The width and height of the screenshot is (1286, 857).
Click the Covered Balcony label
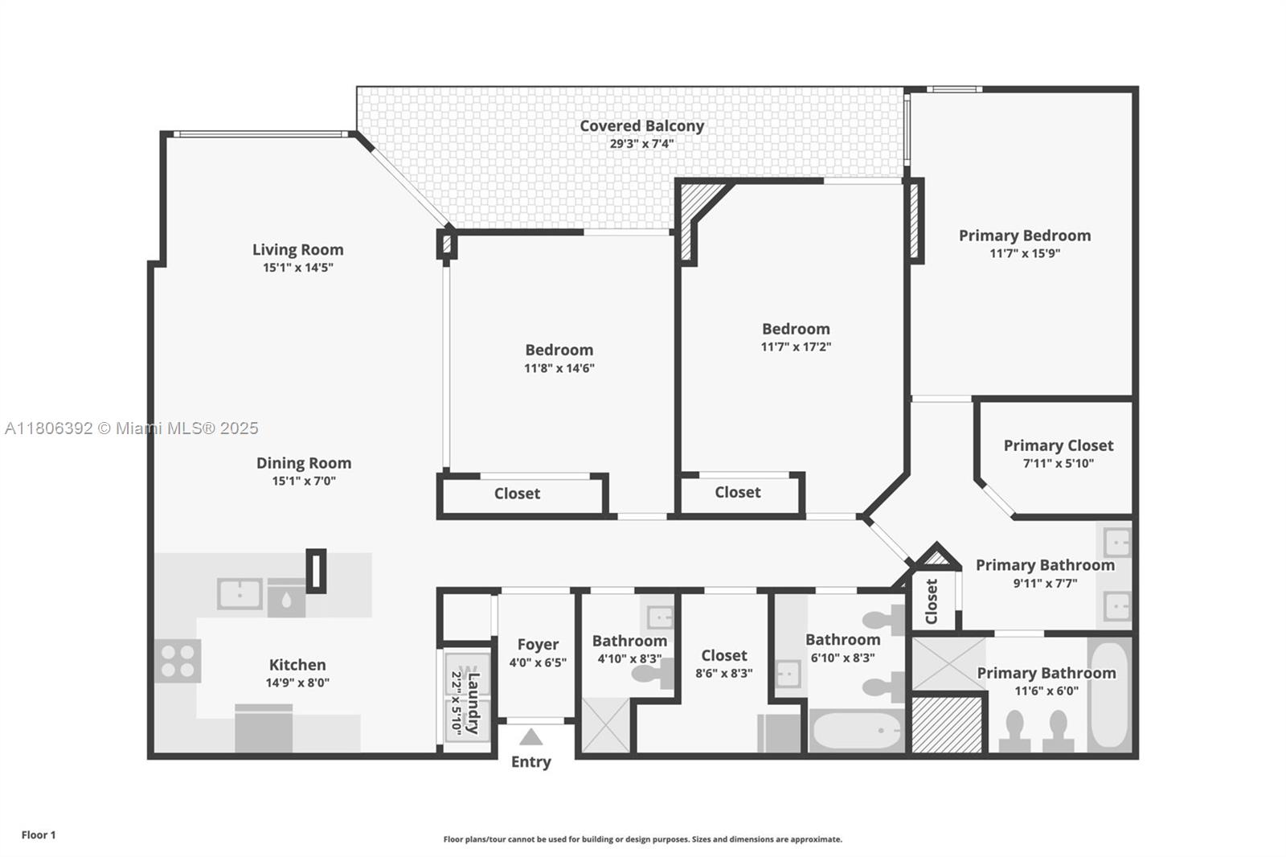point(642,125)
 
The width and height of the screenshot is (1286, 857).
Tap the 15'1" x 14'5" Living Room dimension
point(298,268)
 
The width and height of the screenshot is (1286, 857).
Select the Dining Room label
point(304,463)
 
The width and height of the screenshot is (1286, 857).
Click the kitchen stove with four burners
point(178,661)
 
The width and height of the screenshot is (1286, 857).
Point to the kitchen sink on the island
point(240,594)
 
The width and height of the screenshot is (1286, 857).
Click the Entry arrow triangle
point(531,737)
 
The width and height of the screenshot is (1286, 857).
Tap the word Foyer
point(538,645)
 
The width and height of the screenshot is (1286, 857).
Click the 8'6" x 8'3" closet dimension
point(724,673)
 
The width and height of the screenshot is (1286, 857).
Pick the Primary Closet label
point(1059,445)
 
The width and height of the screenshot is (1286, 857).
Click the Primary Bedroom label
point(1025,236)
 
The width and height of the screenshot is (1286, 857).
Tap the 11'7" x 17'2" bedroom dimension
point(796,347)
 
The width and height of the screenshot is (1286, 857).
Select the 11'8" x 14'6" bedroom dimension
point(559,368)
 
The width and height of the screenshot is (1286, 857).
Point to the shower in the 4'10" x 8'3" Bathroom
point(606,725)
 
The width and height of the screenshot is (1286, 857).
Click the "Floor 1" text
point(39,835)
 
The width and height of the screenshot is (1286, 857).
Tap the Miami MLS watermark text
point(132,428)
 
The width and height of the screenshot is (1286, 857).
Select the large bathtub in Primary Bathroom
point(1109,695)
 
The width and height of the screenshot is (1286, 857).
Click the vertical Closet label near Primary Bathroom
point(932,601)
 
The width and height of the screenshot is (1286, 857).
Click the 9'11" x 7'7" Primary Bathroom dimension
point(1045,584)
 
